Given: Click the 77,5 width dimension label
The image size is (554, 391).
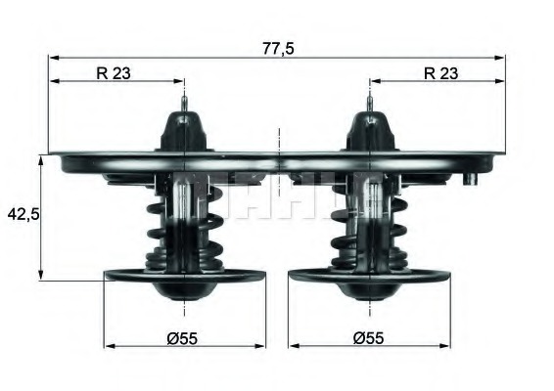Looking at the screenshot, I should click(278, 46).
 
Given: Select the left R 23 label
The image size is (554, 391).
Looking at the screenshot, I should click(115, 70).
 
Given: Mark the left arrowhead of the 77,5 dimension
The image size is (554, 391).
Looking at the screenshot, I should click(53, 57).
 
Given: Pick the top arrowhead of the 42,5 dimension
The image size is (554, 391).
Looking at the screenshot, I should click(41, 159).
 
